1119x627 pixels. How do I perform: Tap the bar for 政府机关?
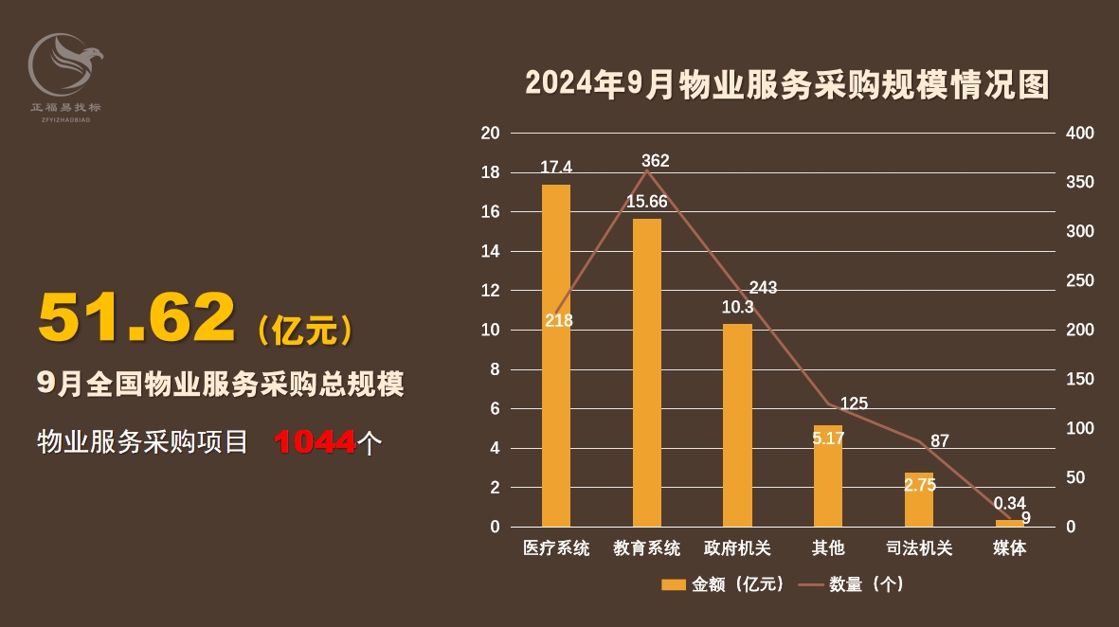click(x=737, y=425)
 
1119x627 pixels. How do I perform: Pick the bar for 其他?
click(x=828, y=483)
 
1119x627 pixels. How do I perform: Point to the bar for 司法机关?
click(x=919, y=500)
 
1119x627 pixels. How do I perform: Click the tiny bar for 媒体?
click(x=1009, y=523)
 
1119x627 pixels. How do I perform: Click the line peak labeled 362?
click(x=647, y=170)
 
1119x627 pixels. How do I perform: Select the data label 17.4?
click(x=556, y=167)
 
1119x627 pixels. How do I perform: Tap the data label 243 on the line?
click(x=763, y=288)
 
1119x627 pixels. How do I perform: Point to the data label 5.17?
click(x=828, y=439)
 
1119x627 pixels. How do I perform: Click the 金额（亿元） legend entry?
click(x=725, y=584)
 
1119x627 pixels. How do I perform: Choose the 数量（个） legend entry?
click(x=853, y=584)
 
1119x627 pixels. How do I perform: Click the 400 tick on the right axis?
click(x=1080, y=134)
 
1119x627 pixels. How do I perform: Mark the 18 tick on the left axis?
click(x=490, y=173)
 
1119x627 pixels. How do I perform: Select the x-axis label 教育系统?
click(x=647, y=548)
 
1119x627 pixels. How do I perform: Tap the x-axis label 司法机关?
click(x=919, y=548)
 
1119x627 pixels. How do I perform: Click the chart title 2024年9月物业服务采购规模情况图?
click(x=787, y=85)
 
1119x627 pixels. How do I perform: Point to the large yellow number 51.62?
click(x=136, y=317)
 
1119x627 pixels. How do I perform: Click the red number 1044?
click(x=316, y=441)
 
